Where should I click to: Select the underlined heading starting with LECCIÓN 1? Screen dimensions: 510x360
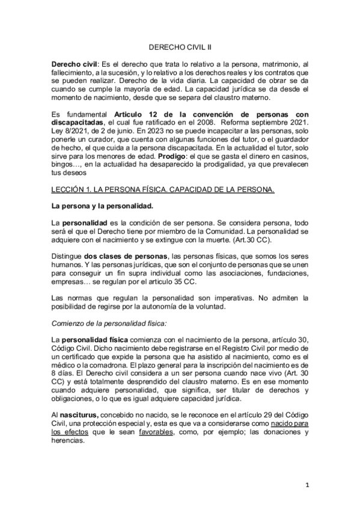coord(163,190)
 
